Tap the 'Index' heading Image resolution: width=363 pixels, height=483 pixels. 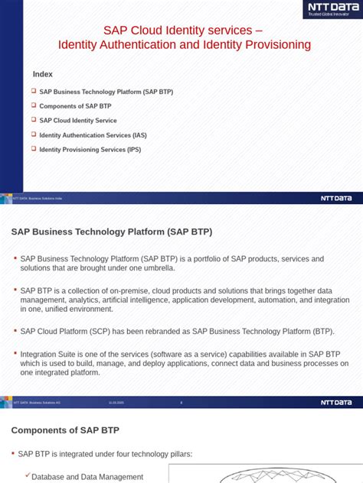tap(43, 74)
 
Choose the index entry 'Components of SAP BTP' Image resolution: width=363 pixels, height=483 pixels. tap(75, 106)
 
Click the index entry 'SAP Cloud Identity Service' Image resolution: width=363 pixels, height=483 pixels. tap(78, 121)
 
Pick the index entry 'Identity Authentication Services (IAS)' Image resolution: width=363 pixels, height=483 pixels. tap(93, 135)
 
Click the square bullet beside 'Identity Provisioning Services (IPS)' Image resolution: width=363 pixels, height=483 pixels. tap(34, 149)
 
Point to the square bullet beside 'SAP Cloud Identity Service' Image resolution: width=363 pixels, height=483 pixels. tap(34, 120)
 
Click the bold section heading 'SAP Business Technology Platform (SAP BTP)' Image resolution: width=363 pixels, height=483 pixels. tap(112, 232)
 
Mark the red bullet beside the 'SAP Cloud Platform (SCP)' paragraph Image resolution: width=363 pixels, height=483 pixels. tap(15, 330)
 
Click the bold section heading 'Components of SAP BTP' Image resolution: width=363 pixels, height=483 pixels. tap(65, 430)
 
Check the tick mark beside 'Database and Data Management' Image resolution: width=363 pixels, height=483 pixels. tap(28, 475)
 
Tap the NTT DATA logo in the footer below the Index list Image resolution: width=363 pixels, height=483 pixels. tap(336, 198)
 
